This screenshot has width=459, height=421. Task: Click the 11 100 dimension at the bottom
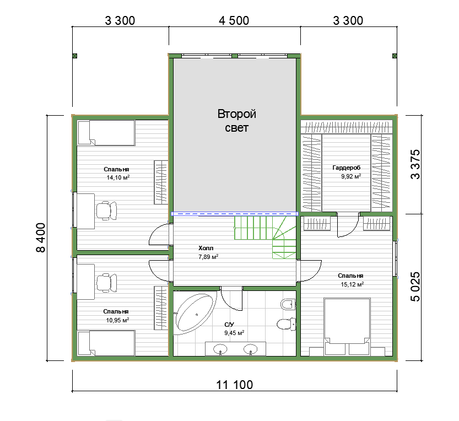235,385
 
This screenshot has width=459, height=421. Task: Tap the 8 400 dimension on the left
41,238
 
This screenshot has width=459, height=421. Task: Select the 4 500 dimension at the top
234,21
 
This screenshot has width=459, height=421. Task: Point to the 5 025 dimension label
415,287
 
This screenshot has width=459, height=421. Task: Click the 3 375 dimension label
415,165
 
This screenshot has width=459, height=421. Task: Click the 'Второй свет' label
236,121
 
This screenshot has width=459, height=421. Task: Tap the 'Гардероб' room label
346,168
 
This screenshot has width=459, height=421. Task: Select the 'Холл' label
206,249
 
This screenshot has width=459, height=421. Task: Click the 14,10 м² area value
118,177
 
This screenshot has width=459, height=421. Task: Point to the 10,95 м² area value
117,320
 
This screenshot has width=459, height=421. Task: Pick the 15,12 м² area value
352,284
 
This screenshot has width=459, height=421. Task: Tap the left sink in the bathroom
220,349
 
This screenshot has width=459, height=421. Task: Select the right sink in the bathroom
251,349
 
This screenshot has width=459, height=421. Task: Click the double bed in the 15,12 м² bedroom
347,321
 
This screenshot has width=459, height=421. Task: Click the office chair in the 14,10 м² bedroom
106,210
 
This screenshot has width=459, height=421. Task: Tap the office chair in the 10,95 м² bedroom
106,283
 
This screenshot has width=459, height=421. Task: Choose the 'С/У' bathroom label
229,325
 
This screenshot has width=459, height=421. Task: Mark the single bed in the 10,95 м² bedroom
106,343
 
